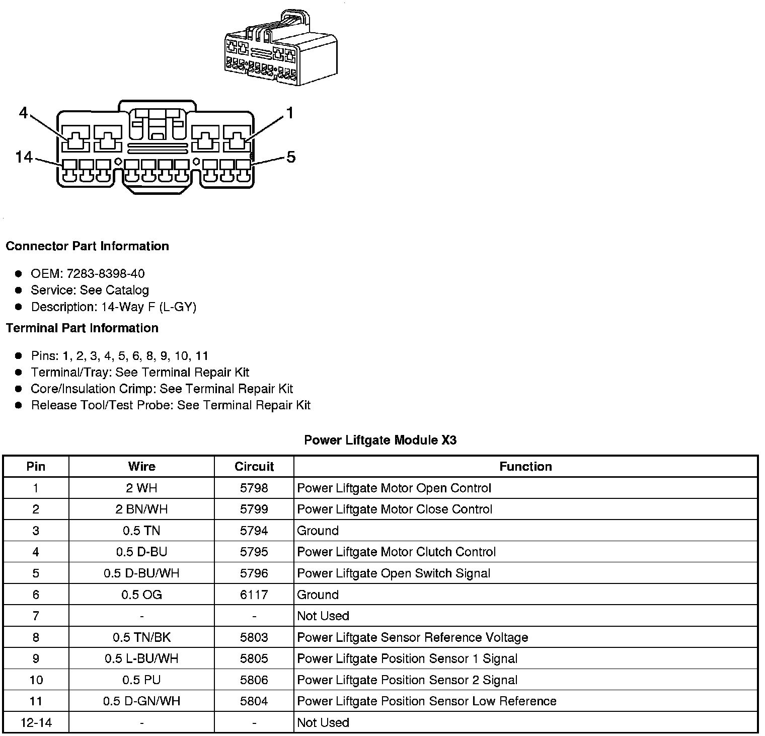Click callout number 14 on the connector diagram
tap(24, 158)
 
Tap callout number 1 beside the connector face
tap(289, 113)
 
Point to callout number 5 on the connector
tap(291, 158)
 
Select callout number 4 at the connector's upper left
tap(24, 113)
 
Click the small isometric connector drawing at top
tap(280, 48)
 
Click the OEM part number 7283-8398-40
tap(105, 273)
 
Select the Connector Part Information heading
tap(87, 246)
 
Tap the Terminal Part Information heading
tap(82, 328)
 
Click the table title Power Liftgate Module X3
tap(380, 440)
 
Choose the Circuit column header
tap(254, 466)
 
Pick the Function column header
tap(525, 466)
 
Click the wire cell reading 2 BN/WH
tap(141, 509)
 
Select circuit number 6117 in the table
tap(254, 595)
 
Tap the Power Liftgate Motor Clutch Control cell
tap(396, 552)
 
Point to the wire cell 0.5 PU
tap(141, 680)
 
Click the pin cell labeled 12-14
tap(36, 722)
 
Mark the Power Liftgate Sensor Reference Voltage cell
tap(412, 637)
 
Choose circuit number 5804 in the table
tap(254, 701)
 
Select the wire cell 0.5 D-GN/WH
tap(141, 701)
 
